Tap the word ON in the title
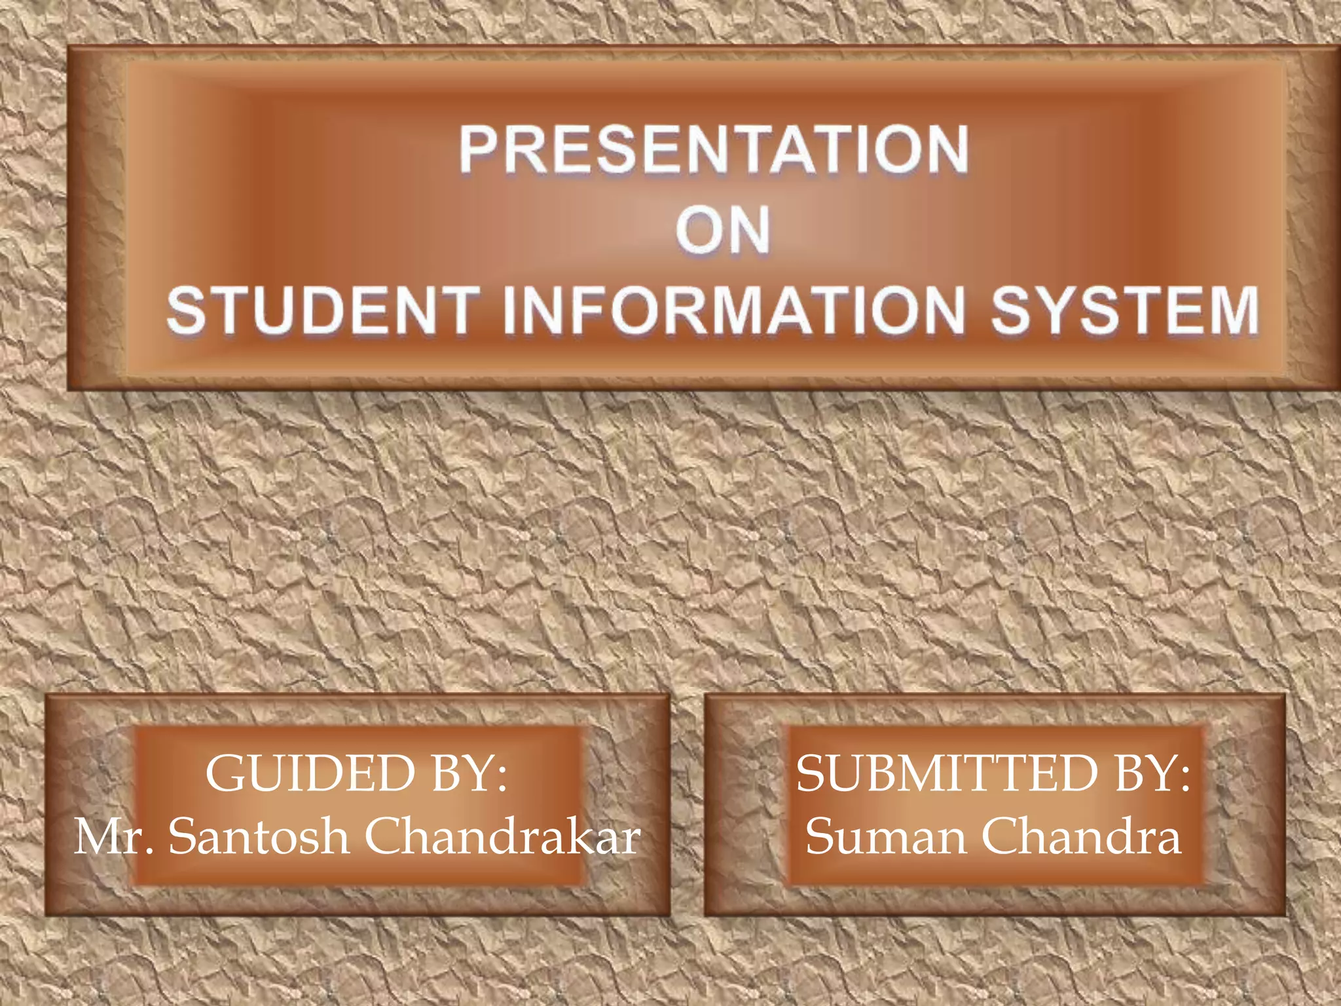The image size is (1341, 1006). (x=723, y=231)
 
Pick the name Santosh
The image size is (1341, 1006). (x=259, y=837)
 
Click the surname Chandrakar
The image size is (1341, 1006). (x=502, y=837)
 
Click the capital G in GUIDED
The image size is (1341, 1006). (x=226, y=774)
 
